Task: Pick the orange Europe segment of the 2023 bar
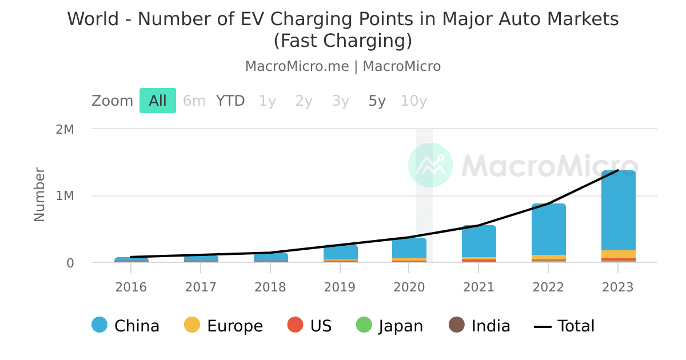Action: (x=618, y=254)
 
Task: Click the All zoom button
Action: (x=158, y=101)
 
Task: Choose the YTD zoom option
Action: (x=230, y=101)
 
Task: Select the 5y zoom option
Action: (x=377, y=101)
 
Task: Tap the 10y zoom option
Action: (x=413, y=101)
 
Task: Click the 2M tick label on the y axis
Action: (x=65, y=129)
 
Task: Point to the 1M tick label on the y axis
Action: (x=65, y=196)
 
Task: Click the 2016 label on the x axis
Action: (x=131, y=287)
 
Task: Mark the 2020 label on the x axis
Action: (x=409, y=287)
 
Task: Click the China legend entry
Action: (x=126, y=326)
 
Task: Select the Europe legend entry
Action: (x=224, y=326)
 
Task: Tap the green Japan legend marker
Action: (x=364, y=325)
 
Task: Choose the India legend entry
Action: (x=480, y=326)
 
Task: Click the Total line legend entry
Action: (x=564, y=326)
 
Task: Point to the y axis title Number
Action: (x=39, y=194)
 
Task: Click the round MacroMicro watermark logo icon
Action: (x=430, y=165)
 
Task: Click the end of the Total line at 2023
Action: (x=618, y=170)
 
